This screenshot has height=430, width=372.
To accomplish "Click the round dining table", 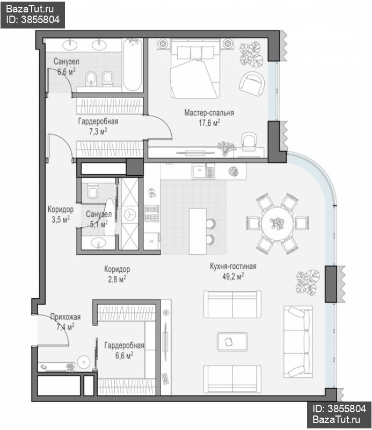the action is (277, 223).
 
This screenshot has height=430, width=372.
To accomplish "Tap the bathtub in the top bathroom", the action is (133, 64).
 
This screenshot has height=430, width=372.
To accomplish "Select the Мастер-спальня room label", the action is (209, 113).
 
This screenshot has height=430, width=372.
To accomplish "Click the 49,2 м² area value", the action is (233, 276).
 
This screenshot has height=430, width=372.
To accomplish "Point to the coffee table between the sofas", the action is (232, 342).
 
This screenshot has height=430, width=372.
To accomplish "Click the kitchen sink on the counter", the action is (203, 171).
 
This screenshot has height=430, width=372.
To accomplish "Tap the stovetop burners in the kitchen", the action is (151, 213).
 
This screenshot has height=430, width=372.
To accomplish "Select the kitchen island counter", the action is (198, 231).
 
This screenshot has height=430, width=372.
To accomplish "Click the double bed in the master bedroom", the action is (195, 68).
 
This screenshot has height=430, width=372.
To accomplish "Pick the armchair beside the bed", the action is (252, 84).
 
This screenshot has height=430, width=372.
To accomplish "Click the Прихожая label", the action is (65, 317).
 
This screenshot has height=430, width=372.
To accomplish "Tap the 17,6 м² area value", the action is (209, 123).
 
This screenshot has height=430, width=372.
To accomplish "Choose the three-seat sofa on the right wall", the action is (298, 342).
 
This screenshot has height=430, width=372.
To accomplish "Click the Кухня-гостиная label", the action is (233, 266).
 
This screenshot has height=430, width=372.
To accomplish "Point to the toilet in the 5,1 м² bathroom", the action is (92, 191).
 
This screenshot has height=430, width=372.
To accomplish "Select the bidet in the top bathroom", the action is (90, 78).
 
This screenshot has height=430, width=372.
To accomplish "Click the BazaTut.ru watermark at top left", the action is (30, 9).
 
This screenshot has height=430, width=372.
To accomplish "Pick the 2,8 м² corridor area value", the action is (117, 279).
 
